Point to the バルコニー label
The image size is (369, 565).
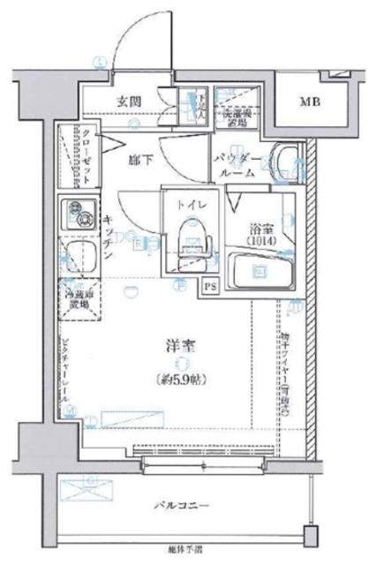click(x=184, y=506)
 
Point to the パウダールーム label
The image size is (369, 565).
click(x=237, y=165)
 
